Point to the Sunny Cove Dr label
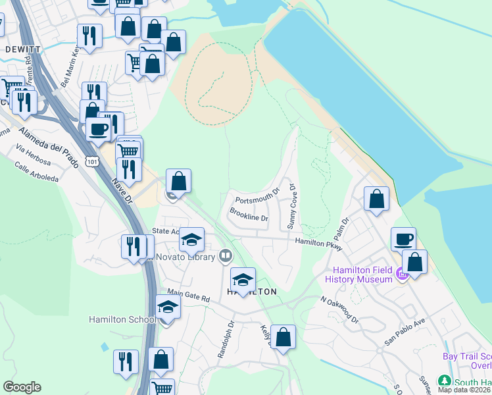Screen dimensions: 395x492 (291, 206)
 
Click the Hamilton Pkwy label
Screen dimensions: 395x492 (320, 242)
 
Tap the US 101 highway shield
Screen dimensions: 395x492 (92, 160)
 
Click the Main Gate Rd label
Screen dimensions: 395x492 (188, 297)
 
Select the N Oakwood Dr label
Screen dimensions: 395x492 (339, 309)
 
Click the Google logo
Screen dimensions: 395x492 (22, 387)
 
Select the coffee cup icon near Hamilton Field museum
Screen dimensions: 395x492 (403, 239)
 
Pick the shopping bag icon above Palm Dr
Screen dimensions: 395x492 (376, 199)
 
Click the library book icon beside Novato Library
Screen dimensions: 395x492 (226, 255)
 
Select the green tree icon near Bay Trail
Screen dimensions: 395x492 (445, 382)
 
